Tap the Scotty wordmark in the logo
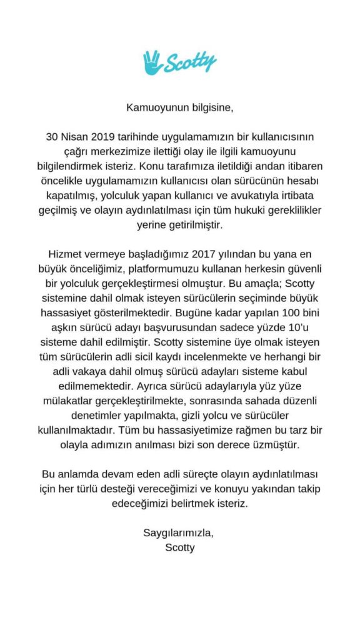(190, 62)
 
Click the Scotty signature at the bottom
(178, 548)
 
